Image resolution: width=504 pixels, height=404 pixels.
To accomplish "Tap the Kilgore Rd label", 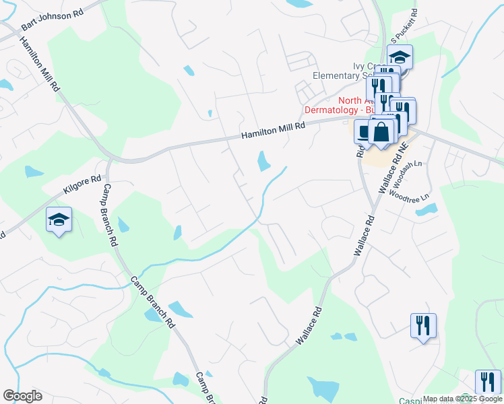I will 82,187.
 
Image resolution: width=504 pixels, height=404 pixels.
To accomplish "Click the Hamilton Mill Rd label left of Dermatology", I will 274,130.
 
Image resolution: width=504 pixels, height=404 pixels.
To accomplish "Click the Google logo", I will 22,396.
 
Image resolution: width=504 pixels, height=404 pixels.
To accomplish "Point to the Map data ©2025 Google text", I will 462,399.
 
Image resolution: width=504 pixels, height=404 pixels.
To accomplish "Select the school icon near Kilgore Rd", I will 59,220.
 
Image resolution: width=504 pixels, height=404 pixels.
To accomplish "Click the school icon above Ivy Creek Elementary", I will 400,57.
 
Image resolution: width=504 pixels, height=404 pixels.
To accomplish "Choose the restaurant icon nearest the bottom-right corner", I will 488,381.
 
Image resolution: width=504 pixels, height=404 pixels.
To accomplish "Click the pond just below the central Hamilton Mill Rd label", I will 261,161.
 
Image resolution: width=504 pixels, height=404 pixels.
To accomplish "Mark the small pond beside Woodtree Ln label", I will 427,210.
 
